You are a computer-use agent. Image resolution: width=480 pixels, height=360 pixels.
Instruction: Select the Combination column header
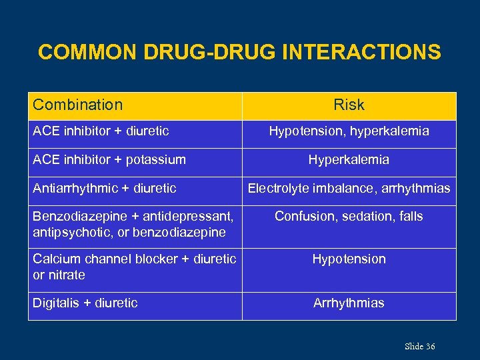tap(78, 105)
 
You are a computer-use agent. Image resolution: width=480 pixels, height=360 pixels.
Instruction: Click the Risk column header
tap(349, 105)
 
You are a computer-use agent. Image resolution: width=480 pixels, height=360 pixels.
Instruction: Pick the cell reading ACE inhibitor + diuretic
tap(101, 131)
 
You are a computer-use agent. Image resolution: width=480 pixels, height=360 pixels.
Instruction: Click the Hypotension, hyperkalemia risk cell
tap(349, 131)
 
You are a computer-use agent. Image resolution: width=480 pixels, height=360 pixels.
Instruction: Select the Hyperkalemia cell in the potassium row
tap(349, 160)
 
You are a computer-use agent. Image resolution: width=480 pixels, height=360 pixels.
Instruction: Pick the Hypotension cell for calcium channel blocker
tap(349, 259)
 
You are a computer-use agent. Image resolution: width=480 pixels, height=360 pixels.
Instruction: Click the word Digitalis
tap(56, 303)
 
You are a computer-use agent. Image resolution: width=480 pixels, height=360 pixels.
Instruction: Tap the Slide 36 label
tap(419, 346)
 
